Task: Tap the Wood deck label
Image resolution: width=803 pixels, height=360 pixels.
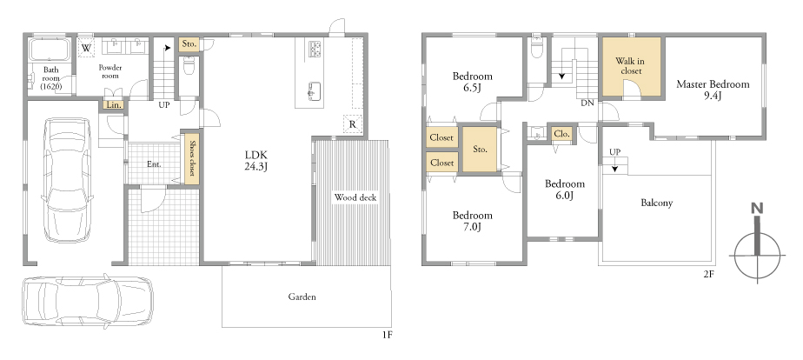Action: [x=355, y=197]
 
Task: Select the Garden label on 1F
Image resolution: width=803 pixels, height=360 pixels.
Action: [x=302, y=297]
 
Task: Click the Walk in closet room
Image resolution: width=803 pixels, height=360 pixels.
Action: [x=631, y=67]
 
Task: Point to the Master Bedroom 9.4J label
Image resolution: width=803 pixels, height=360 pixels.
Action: [x=713, y=89]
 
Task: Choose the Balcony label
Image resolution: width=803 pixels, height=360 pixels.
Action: [x=656, y=203]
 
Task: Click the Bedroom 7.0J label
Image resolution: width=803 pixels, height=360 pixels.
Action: [x=472, y=221]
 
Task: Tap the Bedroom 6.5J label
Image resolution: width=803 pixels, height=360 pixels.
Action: [x=472, y=82]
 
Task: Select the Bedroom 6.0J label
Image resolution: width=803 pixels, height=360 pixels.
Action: [x=564, y=189]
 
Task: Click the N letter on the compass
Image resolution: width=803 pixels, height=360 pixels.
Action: [x=757, y=209]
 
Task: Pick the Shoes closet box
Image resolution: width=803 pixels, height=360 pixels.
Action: [x=191, y=157]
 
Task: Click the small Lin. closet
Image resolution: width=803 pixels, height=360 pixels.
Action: [x=114, y=104]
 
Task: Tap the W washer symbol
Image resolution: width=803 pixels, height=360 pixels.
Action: [x=87, y=48]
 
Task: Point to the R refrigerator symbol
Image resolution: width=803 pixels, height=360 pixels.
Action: [x=352, y=124]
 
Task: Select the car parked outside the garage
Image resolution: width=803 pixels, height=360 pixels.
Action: [x=88, y=302]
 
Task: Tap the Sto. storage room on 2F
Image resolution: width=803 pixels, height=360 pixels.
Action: [x=480, y=150]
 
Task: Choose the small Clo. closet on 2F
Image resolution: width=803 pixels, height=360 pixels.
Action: [x=561, y=134]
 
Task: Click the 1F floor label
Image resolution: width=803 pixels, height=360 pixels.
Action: [x=387, y=335]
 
